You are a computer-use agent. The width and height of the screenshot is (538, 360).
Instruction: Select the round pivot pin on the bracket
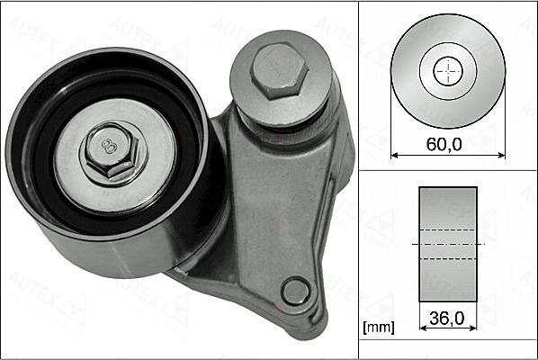click(x=294, y=291)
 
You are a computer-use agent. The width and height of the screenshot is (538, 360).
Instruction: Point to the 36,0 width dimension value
click(x=447, y=318)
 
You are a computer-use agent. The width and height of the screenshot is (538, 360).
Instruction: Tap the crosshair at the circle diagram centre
click(x=448, y=71)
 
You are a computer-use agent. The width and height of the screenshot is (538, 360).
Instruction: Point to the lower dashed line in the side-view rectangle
click(x=448, y=258)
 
